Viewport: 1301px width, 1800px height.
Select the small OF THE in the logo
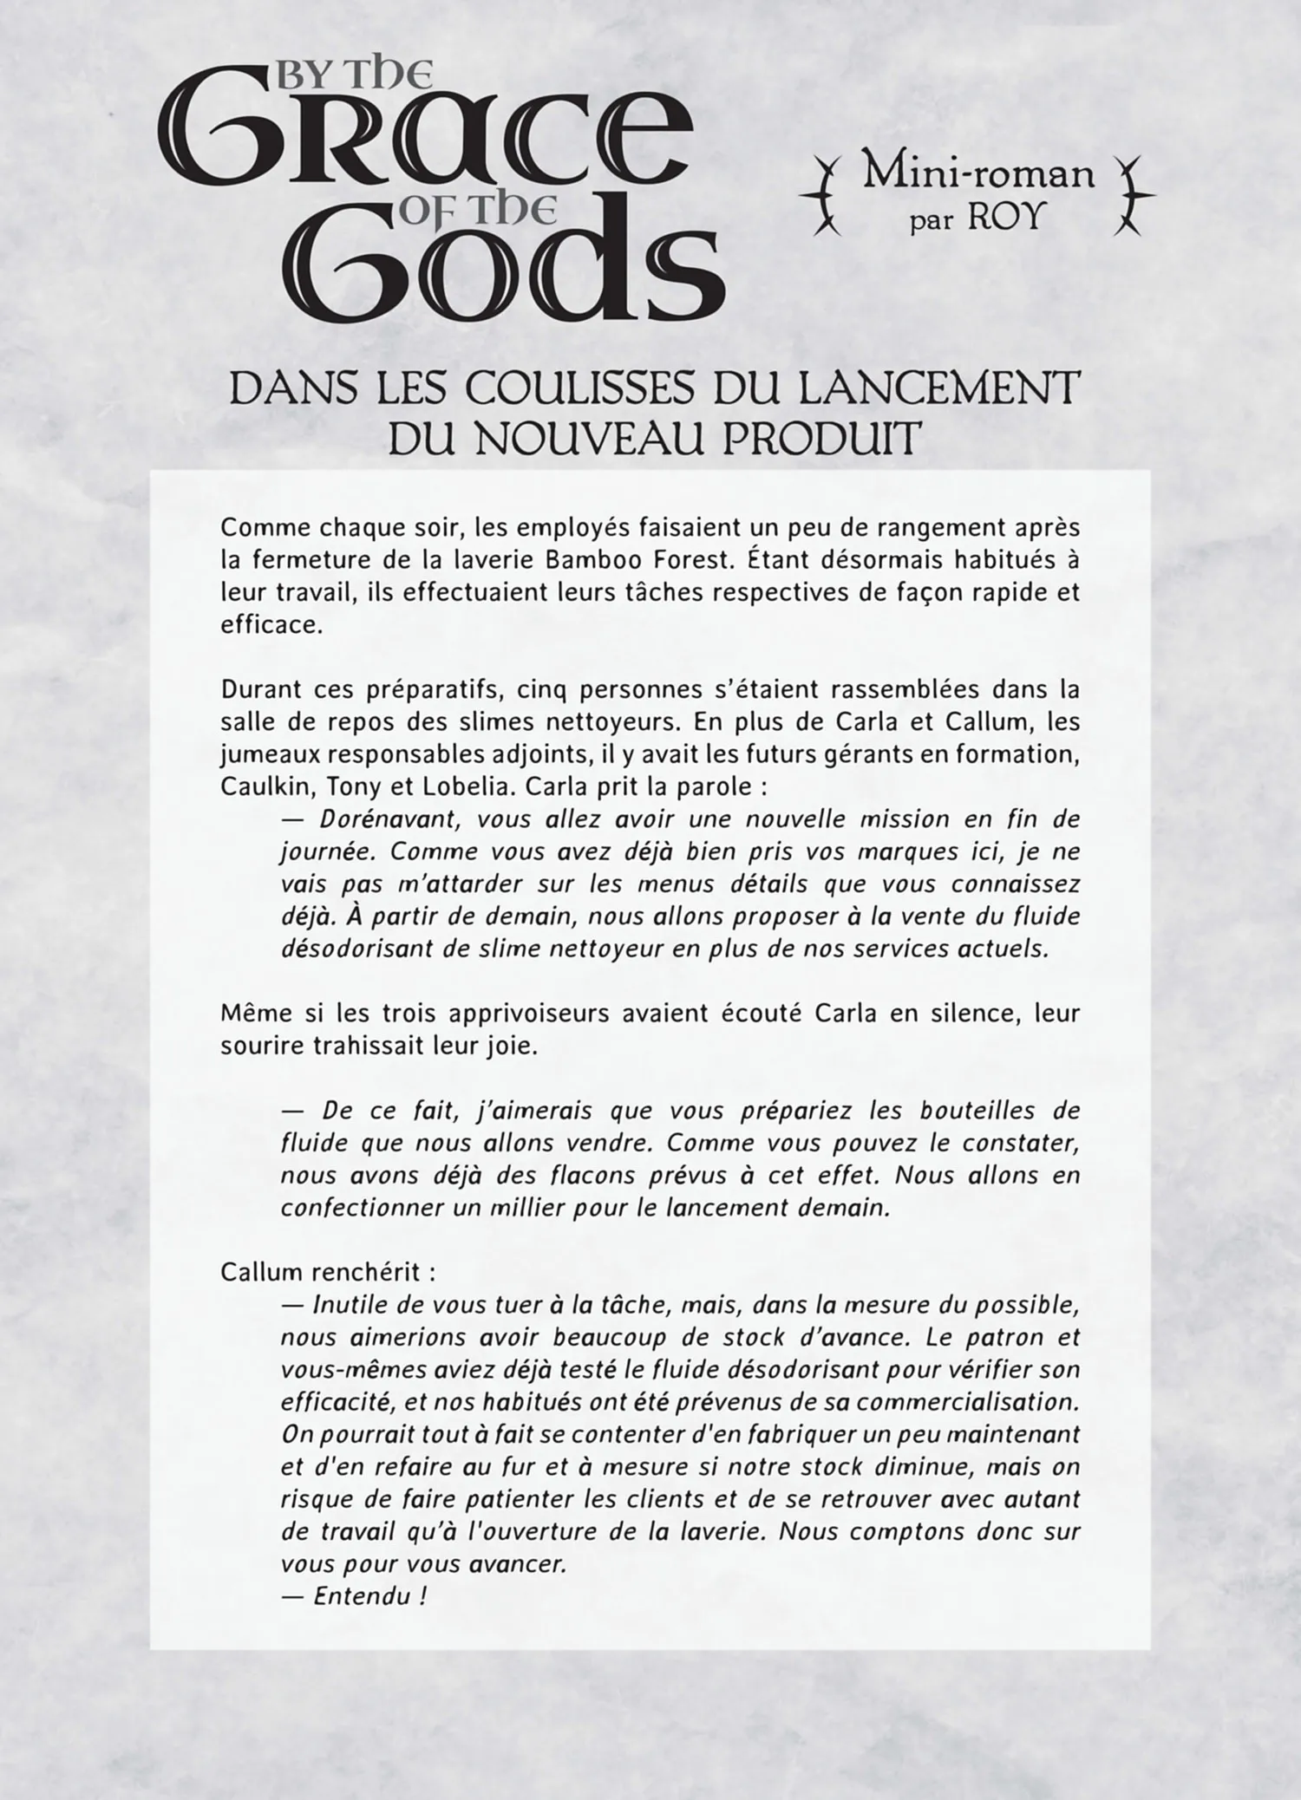(x=476, y=212)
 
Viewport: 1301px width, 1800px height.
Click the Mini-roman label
(x=977, y=174)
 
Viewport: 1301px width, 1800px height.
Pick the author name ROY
(x=1004, y=217)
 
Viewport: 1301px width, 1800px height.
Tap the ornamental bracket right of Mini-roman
(x=1132, y=196)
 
